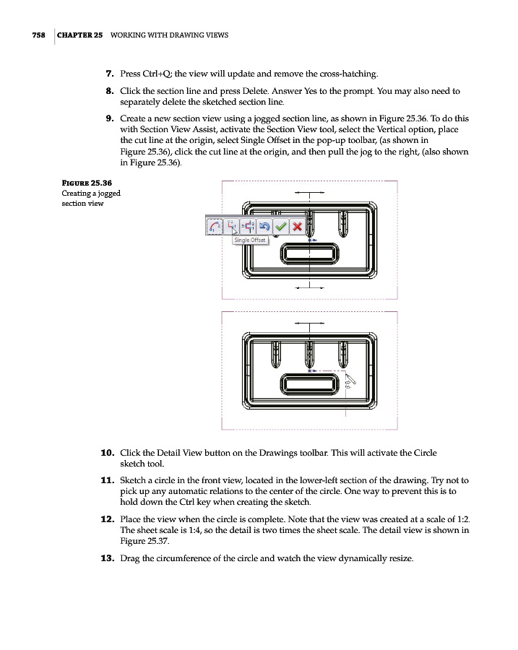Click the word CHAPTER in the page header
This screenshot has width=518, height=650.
(75, 35)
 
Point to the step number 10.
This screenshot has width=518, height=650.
(107, 453)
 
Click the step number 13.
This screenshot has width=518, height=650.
(107, 558)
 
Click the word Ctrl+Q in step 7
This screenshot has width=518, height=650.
(155, 74)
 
